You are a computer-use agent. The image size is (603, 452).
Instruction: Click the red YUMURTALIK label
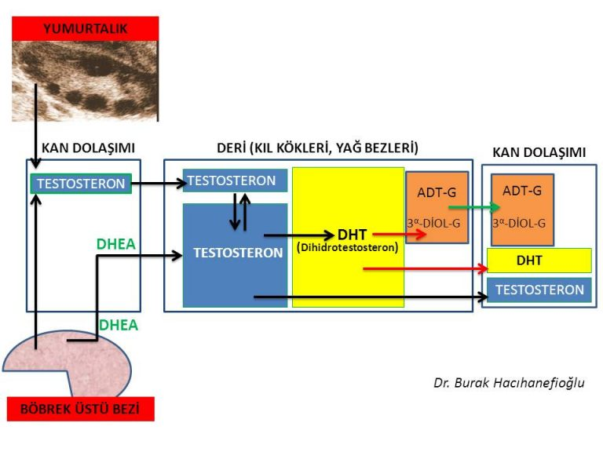[85, 28]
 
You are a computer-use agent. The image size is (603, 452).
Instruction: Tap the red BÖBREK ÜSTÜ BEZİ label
[80, 408]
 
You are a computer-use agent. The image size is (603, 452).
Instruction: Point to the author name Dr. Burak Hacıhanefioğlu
[509, 383]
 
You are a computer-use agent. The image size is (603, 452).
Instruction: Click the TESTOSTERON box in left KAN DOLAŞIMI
[79, 184]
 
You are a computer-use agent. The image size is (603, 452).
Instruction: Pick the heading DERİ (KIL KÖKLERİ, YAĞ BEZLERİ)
[317, 148]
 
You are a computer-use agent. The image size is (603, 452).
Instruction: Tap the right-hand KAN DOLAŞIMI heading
[539, 152]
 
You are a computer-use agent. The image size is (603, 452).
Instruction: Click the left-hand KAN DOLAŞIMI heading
[88, 148]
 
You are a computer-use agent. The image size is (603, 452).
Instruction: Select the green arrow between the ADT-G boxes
[473, 208]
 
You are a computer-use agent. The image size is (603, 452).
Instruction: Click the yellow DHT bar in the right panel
[539, 260]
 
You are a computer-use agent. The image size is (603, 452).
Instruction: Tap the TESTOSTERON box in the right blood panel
[539, 290]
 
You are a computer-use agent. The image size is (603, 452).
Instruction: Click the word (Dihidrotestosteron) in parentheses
[347, 247]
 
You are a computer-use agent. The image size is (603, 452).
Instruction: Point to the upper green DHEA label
[116, 244]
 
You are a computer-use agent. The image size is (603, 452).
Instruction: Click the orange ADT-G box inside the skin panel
[437, 206]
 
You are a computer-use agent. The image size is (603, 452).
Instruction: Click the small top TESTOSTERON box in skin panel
[234, 180]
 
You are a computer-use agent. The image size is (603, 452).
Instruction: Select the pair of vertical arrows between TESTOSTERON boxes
[240, 212]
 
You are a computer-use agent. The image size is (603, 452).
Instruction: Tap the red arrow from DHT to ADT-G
[398, 234]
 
